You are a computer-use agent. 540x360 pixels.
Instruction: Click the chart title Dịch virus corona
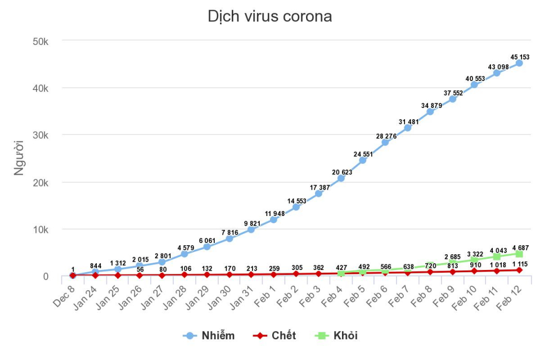pyautogui.click(x=270, y=17)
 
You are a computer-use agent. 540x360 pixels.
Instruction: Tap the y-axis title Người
pyautogui.click(x=19, y=158)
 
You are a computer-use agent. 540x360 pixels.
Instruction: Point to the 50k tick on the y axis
pyautogui.click(x=42, y=41)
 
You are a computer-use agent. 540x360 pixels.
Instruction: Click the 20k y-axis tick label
pyautogui.click(x=42, y=182)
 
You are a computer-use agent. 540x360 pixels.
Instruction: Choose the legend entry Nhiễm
pyautogui.click(x=209, y=336)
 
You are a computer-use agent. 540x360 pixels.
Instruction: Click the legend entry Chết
pyautogui.click(x=275, y=336)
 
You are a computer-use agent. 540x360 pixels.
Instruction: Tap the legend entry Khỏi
pyautogui.click(x=337, y=336)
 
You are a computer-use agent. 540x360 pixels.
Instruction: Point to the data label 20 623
pyautogui.click(x=341, y=172)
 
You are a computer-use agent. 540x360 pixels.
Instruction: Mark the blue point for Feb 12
pyautogui.click(x=519, y=63)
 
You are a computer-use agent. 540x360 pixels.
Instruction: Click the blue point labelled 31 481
pyautogui.click(x=408, y=128)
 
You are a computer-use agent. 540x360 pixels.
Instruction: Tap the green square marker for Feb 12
pyautogui.click(x=519, y=254)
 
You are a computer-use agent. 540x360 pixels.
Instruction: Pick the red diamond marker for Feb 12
pyautogui.click(x=519, y=271)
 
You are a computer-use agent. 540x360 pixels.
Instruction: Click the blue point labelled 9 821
pyautogui.click(x=251, y=229)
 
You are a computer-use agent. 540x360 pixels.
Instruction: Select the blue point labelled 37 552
pyautogui.click(x=452, y=99)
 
